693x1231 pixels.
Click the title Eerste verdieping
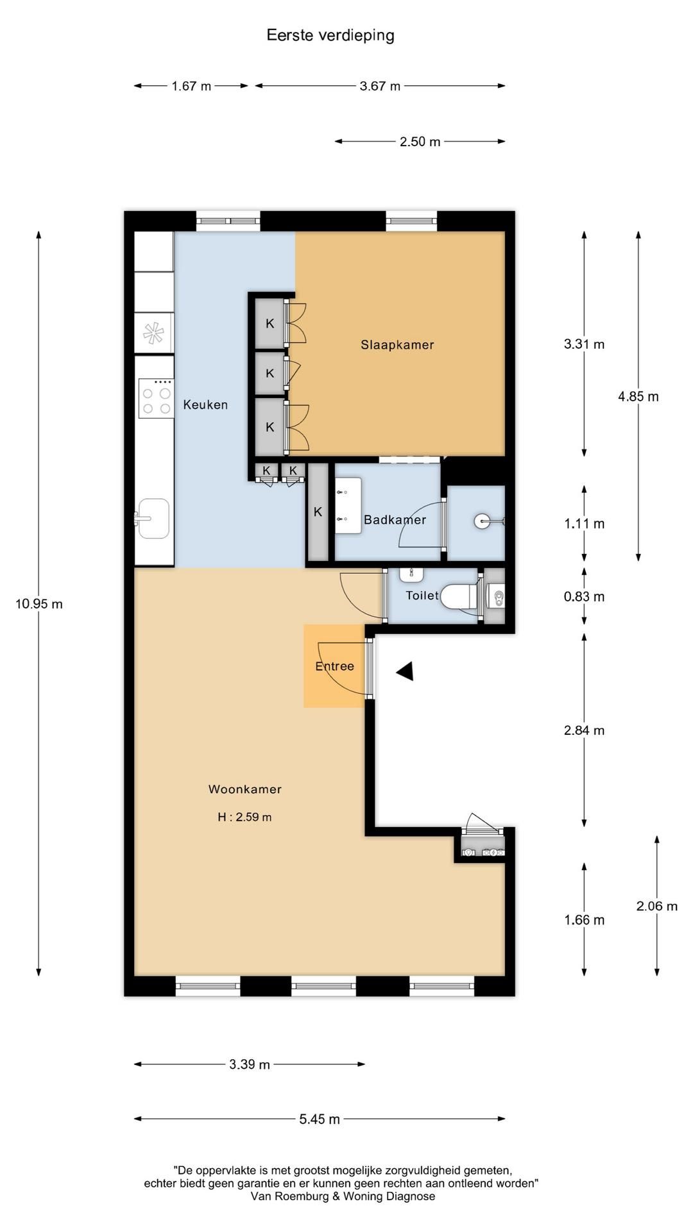pyautogui.click(x=330, y=35)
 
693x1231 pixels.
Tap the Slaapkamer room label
pyautogui.click(x=397, y=345)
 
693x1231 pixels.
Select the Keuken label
pyautogui.click(x=205, y=405)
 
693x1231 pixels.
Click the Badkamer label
pyautogui.click(x=395, y=520)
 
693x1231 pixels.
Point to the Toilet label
pyautogui.click(x=422, y=596)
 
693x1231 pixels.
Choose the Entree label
pyautogui.click(x=334, y=666)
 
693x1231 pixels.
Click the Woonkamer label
pyautogui.click(x=245, y=789)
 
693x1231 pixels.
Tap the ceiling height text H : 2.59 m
pyautogui.click(x=244, y=817)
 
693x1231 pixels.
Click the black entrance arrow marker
pyautogui.click(x=405, y=671)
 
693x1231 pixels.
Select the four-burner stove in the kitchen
pyautogui.click(x=157, y=399)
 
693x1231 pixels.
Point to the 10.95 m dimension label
pyautogui.click(x=39, y=604)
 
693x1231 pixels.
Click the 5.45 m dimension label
pyautogui.click(x=320, y=1119)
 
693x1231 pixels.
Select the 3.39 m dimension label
pyautogui.click(x=250, y=1064)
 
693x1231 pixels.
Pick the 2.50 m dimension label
pyautogui.click(x=420, y=142)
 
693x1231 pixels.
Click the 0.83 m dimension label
pyautogui.click(x=584, y=597)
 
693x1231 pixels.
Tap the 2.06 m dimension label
pyautogui.click(x=657, y=906)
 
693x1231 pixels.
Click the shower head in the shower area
pyautogui.click(x=482, y=521)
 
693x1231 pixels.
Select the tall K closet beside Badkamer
pyautogui.click(x=318, y=512)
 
